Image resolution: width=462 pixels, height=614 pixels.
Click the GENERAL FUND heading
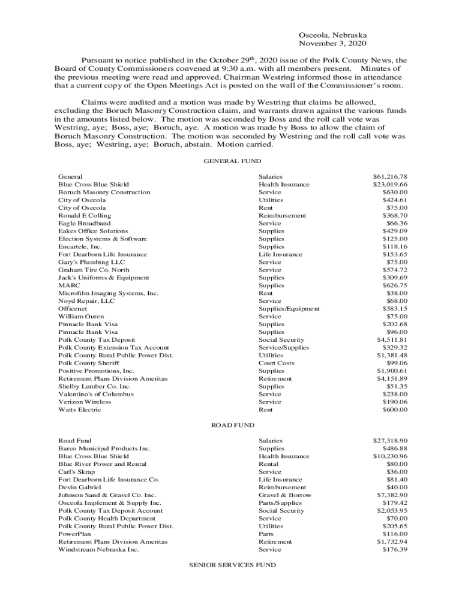(232, 161)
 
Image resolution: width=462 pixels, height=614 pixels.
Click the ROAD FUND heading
(232, 425)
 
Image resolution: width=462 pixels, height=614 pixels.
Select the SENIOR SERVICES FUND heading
(232, 565)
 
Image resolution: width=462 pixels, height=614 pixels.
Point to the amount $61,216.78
(390, 177)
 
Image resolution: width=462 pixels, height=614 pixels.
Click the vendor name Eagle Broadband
(84, 223)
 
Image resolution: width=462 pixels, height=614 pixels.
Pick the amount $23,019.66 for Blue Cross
(390, 185)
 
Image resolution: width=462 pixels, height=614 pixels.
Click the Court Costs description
(277, 363)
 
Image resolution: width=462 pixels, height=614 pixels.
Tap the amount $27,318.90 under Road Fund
(390, 441)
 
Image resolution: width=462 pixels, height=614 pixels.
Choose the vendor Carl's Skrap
(76, 472)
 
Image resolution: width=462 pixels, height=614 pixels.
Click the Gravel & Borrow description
(285, 495)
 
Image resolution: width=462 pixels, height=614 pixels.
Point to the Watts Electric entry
(80, 410)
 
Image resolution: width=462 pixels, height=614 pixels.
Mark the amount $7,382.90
(392, 495)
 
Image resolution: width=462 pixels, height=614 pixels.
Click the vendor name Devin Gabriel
(79, 487)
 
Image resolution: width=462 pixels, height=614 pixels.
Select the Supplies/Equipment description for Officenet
(289, 309)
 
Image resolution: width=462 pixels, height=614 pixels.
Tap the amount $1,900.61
(392, 371)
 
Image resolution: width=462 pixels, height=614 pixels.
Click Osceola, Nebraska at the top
(333, 35)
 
